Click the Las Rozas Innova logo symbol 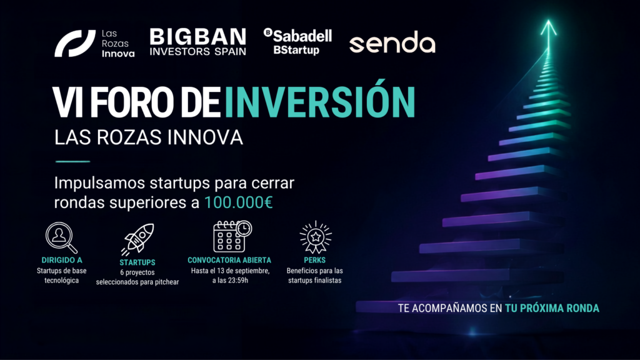point(75,43)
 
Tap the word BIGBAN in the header point(198,37)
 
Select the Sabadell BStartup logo point(297,41)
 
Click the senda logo point(392,42)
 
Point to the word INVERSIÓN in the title point(319,101)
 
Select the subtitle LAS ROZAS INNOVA point(149,137)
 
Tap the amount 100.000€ point(238,202)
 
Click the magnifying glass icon point(61,237)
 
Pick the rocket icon point(137,239)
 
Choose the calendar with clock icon point(232,236)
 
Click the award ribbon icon point(315,237)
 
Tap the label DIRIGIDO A point(62,260)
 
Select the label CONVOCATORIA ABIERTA point(229,260)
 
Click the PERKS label point(315,260)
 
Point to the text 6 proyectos point(137,272)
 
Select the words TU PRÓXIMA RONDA point(552,308)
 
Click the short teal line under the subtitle point(72,162)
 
